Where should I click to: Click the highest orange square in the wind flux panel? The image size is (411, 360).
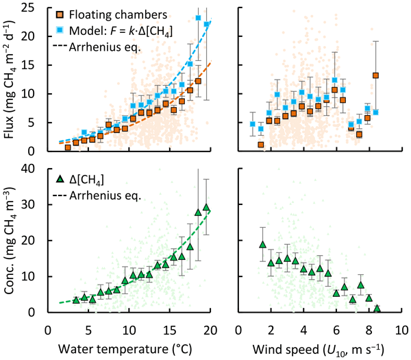click(x=375, y=75)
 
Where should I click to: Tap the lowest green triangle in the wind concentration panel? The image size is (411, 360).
click(x=377, y=309)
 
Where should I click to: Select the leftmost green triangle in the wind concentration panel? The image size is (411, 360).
click(x=262, y=244)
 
